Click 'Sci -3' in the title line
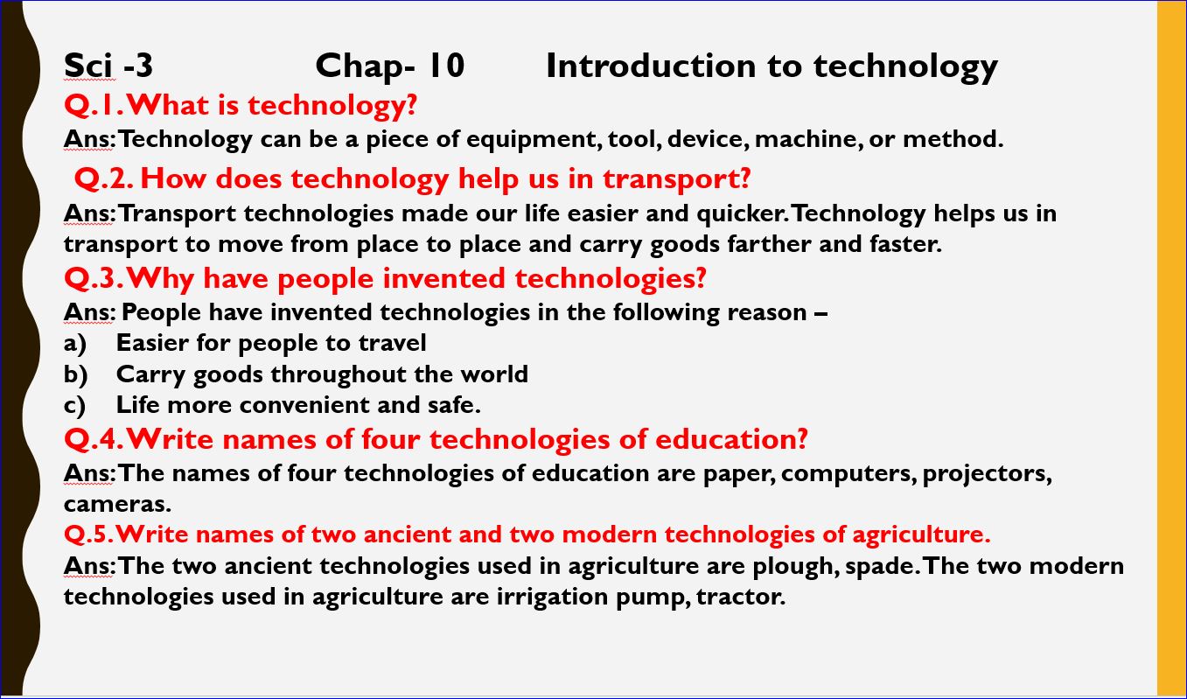(108, 66)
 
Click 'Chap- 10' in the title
(389, 66)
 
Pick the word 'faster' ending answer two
(905, 244)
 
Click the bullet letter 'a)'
(75, 343)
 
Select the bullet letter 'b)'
(76, 374)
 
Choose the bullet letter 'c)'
(75, 405)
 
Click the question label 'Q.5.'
(87, 535)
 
